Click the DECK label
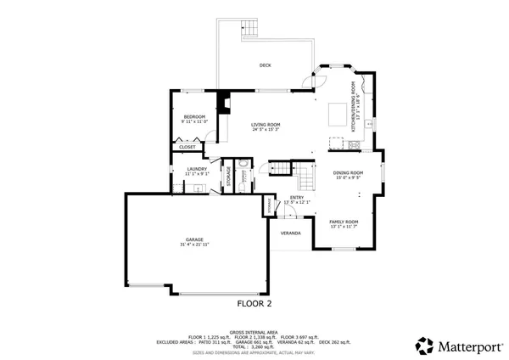265,65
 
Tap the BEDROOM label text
194,117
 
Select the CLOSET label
187,147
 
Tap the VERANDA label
290,233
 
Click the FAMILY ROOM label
344,222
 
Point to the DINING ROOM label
347,173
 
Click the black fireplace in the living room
223,103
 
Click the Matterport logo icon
424,345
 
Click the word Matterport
466,346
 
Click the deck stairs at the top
247,27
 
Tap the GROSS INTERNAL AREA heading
254,332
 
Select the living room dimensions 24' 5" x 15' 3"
266,131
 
